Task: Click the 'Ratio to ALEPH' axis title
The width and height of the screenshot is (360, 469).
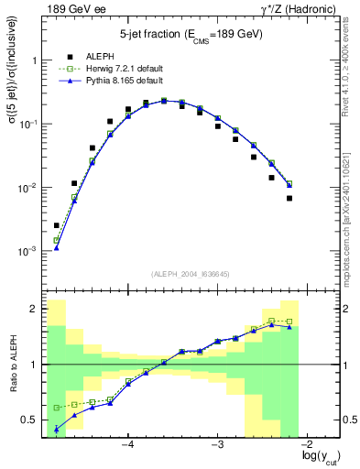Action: pyautogui.click(x=12, y=365)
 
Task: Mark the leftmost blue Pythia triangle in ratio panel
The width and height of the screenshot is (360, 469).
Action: pyautogui.click(x=57, y=429)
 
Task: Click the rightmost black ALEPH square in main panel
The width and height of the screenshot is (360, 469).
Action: pyautogui.click(x=289, y=198)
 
